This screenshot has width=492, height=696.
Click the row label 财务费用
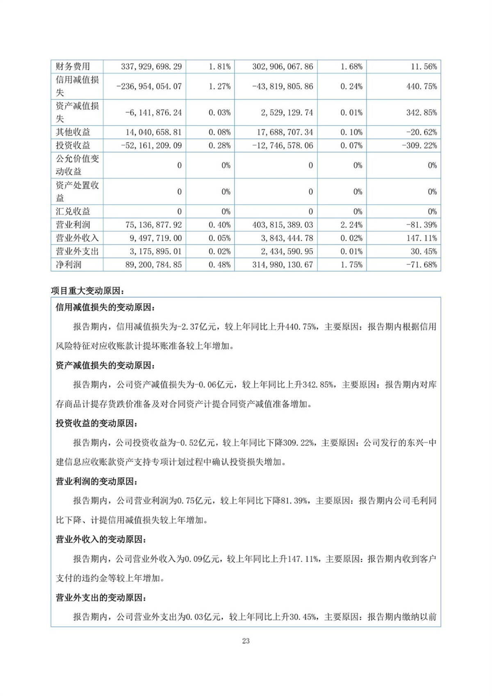point(73,66)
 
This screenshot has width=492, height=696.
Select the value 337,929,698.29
point(151,66)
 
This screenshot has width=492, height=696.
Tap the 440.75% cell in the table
point(421,87)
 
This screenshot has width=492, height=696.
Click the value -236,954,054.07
point(149,87)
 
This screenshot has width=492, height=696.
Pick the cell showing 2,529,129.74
point(287,112)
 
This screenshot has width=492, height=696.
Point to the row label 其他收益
point(73,132)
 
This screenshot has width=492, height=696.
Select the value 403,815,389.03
point(282,225)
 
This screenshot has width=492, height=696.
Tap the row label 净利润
point(68,265)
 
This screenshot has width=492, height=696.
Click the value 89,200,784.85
point(153,265)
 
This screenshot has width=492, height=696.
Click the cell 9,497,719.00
point(156,238)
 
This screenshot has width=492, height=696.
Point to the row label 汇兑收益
point(73,211)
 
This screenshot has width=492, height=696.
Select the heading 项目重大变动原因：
point(88,291)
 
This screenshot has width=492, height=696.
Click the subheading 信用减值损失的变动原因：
point(105,307)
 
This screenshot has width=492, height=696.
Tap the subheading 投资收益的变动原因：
point(97,424)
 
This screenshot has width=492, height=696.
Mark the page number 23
point(246,641)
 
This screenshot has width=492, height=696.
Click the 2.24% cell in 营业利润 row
point(351,225)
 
